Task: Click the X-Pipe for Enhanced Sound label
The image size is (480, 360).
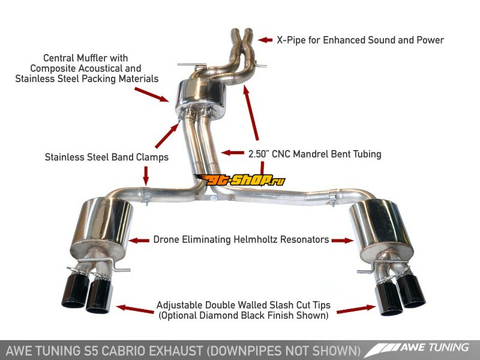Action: tap(360, 40)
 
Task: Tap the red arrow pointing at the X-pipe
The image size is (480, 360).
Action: tap(266, 40)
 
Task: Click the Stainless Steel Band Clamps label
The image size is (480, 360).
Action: tap(106, 157)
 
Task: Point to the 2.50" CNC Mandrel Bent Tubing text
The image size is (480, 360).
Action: tap(314, 154)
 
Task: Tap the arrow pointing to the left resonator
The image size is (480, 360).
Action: tap(139, 240)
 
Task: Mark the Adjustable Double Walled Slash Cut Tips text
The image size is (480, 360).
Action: tap(243, 304)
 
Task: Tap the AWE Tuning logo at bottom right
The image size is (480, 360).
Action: tap(419, 348)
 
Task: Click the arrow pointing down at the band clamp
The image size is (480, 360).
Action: tap(145, 176)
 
